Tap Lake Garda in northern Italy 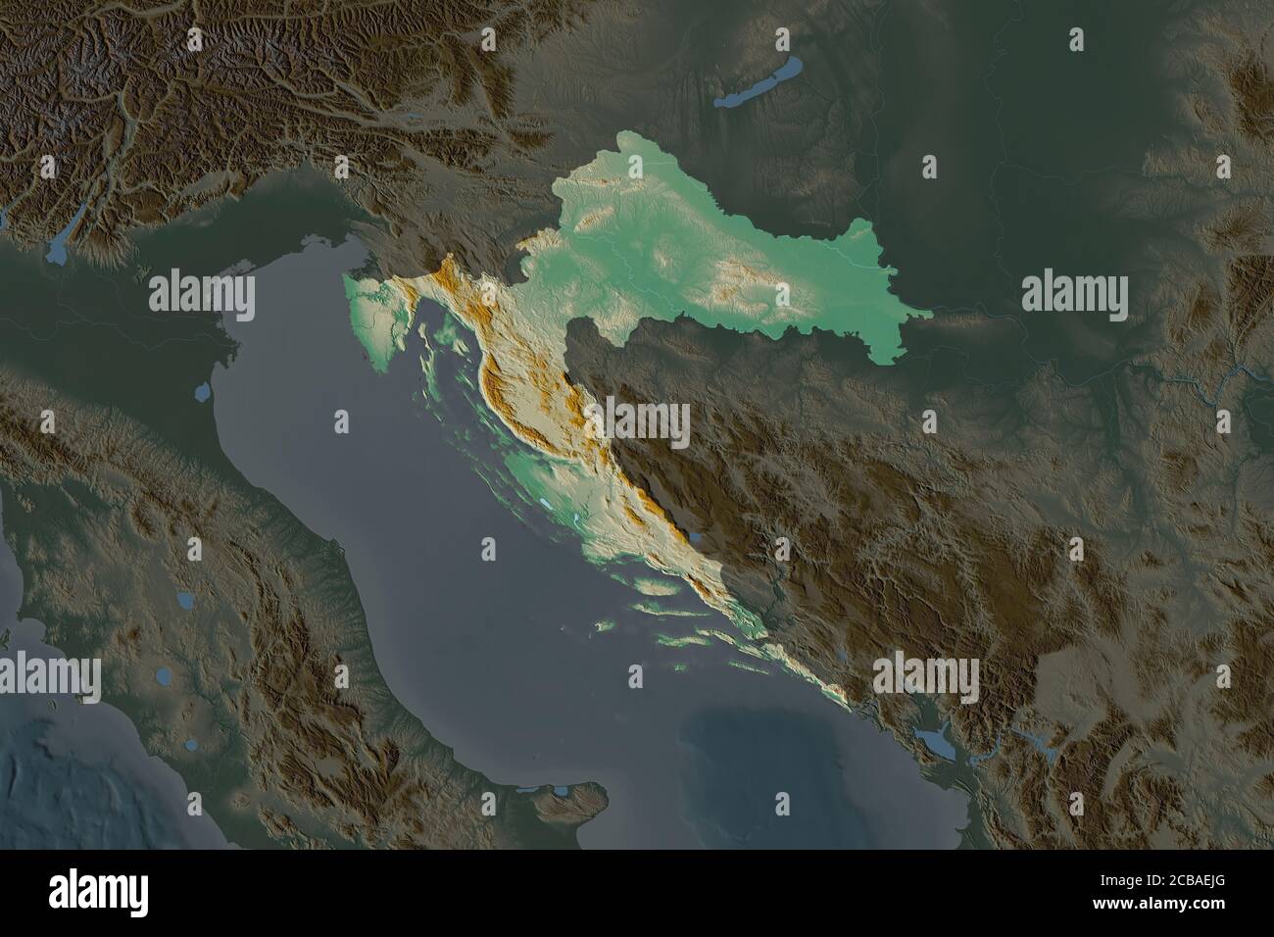coord(59,245)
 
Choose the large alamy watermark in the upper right coord(1074,292)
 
